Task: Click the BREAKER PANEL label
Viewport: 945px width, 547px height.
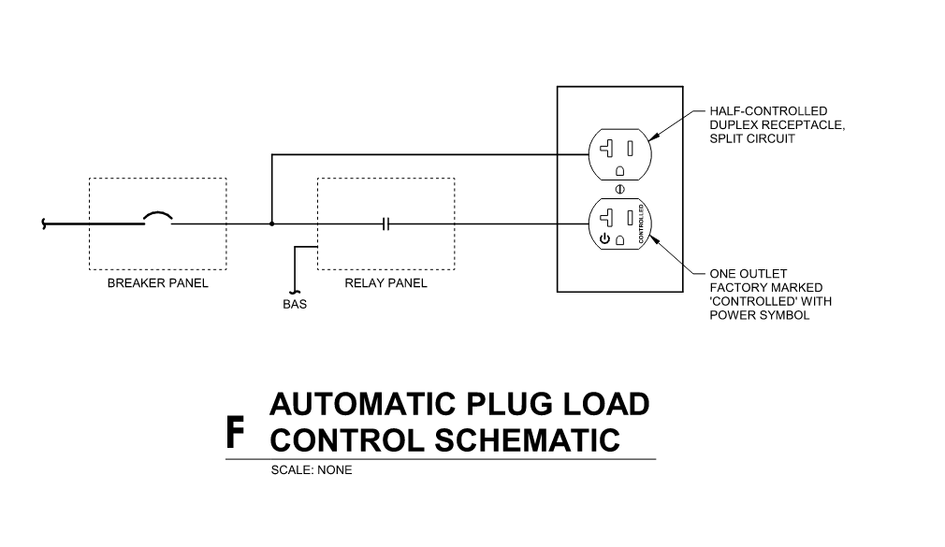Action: (157, 283)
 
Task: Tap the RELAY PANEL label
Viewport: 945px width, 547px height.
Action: (385, 283)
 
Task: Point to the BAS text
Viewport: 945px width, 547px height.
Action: (295, 304)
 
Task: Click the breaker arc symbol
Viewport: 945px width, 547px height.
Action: (158, 219)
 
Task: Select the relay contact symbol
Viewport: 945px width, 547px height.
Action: (385, 224)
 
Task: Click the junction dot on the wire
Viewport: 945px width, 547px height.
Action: (271, 224)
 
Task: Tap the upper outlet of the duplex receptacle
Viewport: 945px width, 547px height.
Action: (619, 152)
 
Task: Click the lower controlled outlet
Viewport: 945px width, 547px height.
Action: (619, 224)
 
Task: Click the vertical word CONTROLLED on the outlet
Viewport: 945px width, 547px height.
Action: (641, 224)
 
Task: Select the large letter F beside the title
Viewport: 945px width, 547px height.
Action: (236, 432)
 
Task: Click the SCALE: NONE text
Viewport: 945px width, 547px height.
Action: (312, 470)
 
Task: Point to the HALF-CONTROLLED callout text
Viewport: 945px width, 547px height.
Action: (768, 111)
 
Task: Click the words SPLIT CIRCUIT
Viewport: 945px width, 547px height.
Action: (752, 138)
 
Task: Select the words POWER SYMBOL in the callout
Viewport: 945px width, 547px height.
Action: (759, 315)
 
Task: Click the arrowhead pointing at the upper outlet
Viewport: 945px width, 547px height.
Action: (653, 137)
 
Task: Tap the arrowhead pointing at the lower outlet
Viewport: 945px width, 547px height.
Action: (653, 239)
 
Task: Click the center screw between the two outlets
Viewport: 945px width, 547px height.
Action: (619, 188)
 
